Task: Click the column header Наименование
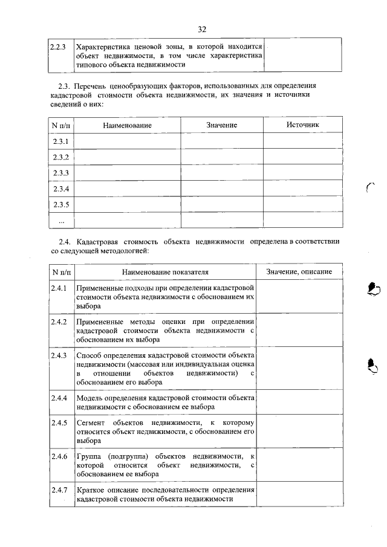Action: click(126, 125)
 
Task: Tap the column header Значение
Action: click(221, 125)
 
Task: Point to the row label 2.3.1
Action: click(60, 141)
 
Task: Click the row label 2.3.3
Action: click(60, 173)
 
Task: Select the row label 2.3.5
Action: click(60, 205)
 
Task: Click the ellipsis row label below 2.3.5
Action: click(60, 221)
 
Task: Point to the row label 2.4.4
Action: click(59, 398)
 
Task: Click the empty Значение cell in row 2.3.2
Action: click(221, 157)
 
